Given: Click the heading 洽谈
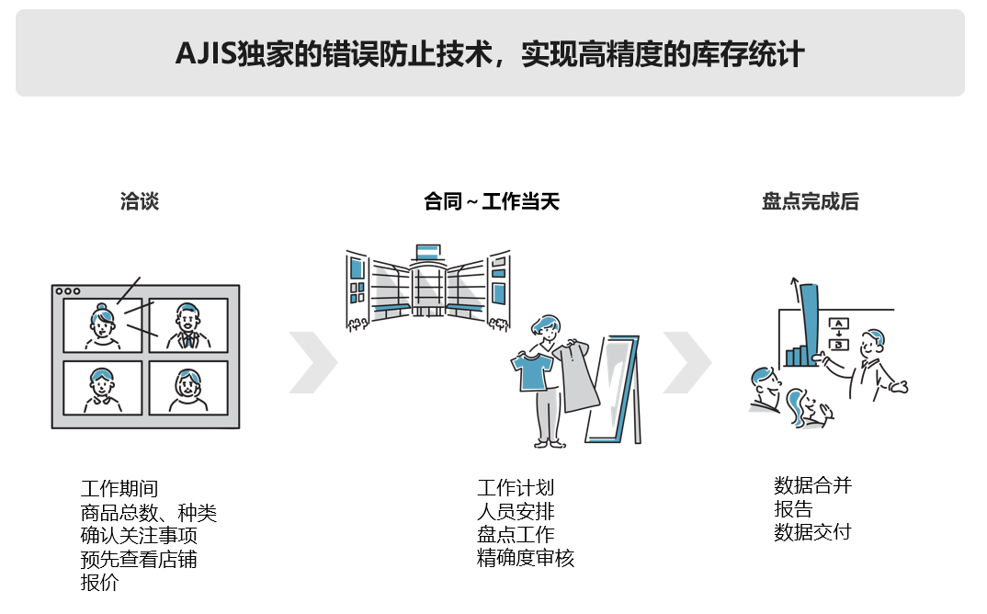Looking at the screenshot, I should point(140,201).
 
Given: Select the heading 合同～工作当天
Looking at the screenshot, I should point(491,201).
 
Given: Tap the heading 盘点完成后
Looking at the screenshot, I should point(810,201).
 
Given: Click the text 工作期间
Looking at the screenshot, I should point(119,489).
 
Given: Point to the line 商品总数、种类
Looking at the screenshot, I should point(148,513).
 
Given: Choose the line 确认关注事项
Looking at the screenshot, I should point(138,536).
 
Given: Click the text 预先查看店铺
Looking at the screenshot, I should point(138,559).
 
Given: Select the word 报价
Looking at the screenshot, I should point(99,582).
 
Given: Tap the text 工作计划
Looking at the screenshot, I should point(516,488).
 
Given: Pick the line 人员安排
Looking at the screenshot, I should point(516,511).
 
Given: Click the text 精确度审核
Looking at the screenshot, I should point(525,558).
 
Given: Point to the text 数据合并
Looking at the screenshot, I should point(812,485).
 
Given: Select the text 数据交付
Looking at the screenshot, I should point(812,532).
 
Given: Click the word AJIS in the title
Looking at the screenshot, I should point(205,53).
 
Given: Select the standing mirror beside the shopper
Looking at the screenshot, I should point(617,391).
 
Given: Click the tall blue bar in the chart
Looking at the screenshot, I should point(808,322).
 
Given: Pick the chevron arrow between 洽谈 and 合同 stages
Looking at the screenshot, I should point(312,362).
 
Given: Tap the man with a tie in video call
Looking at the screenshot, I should point(187,326).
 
